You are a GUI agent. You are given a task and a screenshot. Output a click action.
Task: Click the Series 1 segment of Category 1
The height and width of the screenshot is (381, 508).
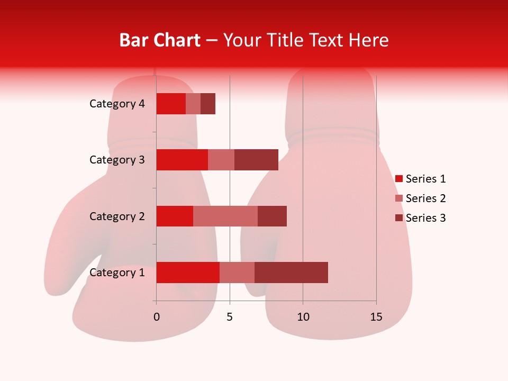coord(188,273)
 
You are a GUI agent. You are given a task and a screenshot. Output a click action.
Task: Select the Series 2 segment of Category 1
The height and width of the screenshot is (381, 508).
coord(237,273)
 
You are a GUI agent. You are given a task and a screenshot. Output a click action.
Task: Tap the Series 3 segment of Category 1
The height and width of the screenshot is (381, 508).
coord(291,273)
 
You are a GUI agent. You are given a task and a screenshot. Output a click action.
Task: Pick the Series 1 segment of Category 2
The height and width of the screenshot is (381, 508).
coord(175,216)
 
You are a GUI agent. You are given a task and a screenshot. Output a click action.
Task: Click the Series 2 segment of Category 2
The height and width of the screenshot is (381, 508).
coord(225,216)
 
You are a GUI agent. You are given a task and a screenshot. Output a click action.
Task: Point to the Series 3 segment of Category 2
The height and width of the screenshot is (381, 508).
coord(272,216)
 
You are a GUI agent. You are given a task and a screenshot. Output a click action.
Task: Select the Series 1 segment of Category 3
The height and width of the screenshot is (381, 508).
coord(182,160)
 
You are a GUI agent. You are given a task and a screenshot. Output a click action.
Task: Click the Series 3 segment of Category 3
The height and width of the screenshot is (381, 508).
coord(256,160)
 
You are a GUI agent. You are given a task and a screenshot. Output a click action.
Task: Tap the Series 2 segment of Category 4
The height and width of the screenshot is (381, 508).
coord(193,104)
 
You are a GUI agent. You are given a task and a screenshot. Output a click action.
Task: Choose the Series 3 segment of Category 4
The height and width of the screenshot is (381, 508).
coord(208,104)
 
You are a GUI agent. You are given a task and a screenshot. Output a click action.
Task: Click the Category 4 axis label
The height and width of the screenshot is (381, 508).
coord(117,104)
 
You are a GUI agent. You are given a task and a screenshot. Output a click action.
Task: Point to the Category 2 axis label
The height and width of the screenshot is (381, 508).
coord(117,216)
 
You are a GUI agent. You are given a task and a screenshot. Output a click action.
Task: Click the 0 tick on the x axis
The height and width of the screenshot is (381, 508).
coord(156,317)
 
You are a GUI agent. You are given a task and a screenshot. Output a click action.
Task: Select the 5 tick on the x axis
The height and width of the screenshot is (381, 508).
coord(230,317)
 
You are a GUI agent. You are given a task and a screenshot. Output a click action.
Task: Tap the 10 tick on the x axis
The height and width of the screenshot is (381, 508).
coord(303,317)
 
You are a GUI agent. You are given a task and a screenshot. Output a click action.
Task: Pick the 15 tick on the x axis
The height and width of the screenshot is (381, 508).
coord(376,317)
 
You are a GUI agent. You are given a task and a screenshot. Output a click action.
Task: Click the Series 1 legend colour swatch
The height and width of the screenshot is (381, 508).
coord(398,179)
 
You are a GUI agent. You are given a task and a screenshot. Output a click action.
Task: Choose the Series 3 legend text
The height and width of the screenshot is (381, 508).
coord(425,218)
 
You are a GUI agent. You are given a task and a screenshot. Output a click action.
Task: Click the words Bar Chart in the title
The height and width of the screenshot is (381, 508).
coord(160,40)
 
